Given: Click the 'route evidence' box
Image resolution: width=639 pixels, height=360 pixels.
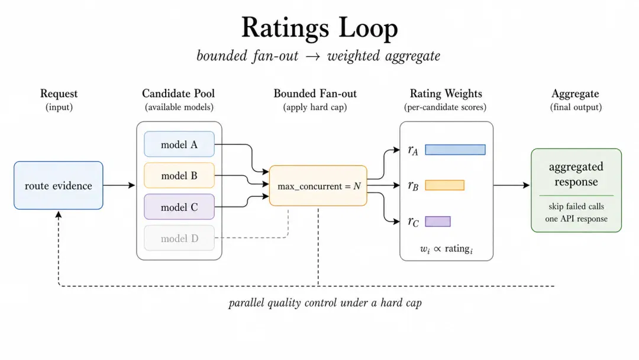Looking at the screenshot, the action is [58, 185].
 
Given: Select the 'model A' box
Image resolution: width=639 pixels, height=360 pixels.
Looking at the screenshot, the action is [179, 144].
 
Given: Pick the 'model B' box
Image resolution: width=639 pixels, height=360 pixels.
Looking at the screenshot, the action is [179, 176].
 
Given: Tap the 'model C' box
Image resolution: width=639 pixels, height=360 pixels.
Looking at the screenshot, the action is [179, 207].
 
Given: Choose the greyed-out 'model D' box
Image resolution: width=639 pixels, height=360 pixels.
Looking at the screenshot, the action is [179, 238].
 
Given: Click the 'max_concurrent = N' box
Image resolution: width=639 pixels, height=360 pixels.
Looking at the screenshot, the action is [318, 186].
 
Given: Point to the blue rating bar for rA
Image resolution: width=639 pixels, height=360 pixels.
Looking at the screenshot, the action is [455, 150].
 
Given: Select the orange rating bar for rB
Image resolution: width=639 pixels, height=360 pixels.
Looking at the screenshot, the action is [444, 185].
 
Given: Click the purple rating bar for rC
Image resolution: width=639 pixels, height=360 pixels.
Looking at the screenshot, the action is [438, 221].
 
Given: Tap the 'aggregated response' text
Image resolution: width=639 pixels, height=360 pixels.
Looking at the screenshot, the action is [576, 174].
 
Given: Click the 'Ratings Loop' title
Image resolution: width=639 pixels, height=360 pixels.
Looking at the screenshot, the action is [319, 28].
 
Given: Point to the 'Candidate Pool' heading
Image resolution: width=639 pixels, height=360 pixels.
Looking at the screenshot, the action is [179, 94].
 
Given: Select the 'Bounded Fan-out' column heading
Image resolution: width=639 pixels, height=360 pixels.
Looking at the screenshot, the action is [315, 94].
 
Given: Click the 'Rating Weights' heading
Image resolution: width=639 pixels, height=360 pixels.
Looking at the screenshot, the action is [446, 94].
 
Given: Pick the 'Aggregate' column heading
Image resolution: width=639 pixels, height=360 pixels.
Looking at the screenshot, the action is [576, 94].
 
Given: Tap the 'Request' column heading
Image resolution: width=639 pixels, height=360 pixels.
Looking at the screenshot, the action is [59, 94].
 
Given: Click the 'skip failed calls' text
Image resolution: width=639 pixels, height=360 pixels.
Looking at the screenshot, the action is [576, 206].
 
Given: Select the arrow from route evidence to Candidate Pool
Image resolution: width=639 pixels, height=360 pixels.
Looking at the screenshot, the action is [119, 185].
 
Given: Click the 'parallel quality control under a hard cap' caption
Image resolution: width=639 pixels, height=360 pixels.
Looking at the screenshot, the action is [325, 303].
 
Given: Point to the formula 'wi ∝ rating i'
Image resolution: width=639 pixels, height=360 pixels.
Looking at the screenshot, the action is [446, 249].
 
